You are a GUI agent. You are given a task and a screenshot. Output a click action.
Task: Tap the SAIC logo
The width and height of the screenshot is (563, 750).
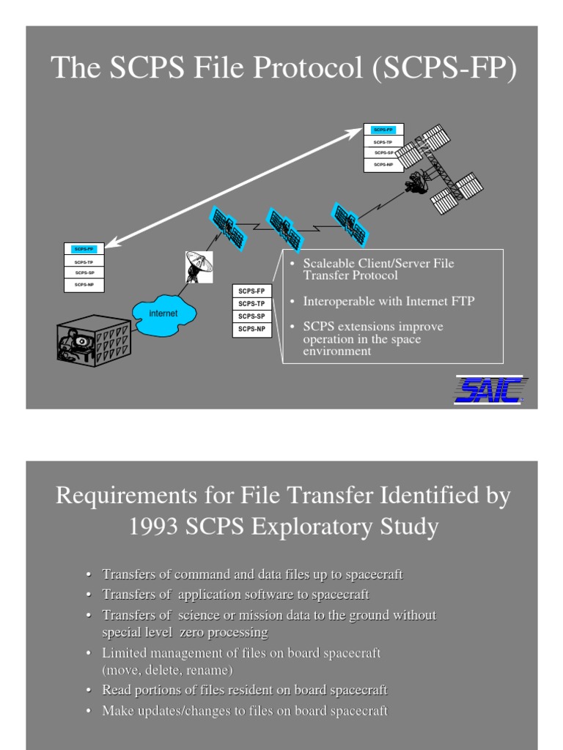[x=489, y=389]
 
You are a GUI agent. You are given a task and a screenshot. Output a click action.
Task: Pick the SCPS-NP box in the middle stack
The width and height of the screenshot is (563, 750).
[x=251, y=330]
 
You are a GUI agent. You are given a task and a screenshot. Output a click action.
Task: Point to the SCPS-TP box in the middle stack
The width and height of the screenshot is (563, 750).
[x=251, y=303]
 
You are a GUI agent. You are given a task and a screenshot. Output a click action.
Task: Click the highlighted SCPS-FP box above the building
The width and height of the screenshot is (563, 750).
[x=84, y=249]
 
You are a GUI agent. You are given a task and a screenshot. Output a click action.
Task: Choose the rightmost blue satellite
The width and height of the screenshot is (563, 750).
[x=350, y=224]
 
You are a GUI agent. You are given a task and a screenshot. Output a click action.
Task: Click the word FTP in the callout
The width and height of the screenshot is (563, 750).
[x=460, y=301]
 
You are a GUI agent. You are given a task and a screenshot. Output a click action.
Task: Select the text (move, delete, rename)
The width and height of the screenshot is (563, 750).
[x=167, y=669]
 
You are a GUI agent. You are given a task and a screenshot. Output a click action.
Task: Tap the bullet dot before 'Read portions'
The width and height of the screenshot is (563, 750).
[x=88, y=691]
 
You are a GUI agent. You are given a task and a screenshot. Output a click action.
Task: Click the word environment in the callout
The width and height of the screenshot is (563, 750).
[x=337, y=351]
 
